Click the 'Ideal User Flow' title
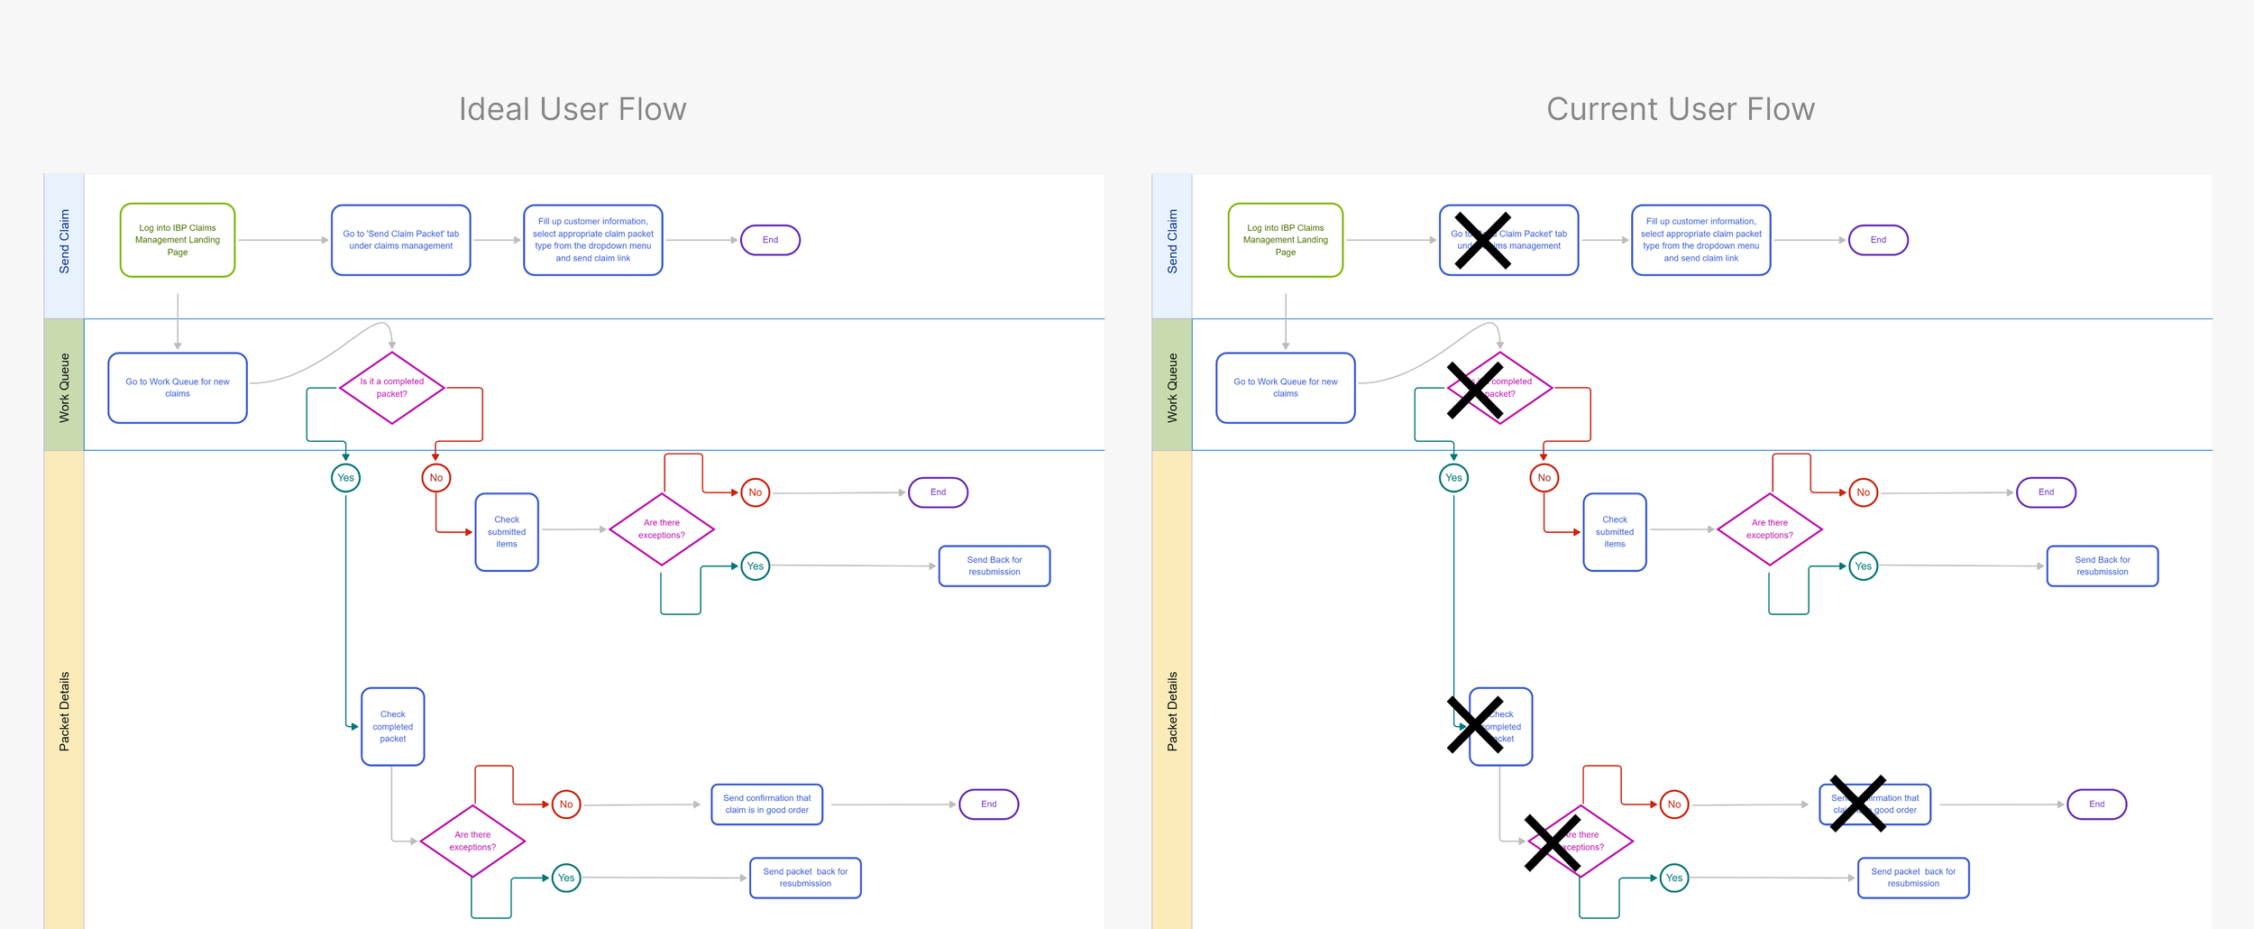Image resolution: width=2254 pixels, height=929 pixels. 573,109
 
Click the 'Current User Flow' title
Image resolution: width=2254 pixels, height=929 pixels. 1680,109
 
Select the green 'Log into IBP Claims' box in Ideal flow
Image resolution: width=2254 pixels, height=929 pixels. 178,240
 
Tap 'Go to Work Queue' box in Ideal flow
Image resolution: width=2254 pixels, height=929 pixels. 178,388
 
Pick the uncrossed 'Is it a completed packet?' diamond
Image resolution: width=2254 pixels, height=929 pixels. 392,388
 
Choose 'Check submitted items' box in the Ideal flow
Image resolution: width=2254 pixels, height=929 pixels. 507,532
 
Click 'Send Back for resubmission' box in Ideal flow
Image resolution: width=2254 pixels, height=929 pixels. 994,566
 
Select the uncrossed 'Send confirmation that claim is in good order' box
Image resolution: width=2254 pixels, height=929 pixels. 767,804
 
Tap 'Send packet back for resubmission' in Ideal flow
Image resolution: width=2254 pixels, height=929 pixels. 805,878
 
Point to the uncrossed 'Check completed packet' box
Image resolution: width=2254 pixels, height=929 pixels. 393,727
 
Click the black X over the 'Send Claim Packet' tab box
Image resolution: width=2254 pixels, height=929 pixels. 1482,241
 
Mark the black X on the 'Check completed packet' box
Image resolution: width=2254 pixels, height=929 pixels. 1475,724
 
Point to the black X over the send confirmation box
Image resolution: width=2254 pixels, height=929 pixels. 1858,803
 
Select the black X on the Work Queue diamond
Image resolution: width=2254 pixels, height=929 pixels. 1475,391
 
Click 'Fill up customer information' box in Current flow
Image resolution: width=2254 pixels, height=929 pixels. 1701,240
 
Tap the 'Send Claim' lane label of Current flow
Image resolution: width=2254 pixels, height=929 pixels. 1172,242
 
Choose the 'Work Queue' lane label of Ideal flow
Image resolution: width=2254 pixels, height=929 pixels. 64,388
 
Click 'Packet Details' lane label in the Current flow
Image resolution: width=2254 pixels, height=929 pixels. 1172,712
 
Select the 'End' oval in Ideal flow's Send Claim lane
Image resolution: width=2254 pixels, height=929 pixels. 770,240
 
